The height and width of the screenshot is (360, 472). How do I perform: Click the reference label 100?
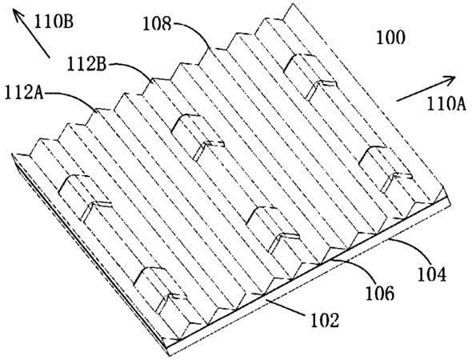(390, 38)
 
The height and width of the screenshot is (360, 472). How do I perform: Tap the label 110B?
(54, 22)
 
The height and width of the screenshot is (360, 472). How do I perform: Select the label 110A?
(446, 104)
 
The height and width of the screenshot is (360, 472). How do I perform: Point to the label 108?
(157, 23)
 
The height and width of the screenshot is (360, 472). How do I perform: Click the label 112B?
(86, 64)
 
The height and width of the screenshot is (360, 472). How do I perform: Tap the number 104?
(431, 274)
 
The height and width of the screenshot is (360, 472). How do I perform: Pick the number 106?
(380, 293)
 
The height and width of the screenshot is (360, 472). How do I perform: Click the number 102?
(325, 320)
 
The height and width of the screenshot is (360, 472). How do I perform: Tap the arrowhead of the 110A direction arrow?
(450, 79)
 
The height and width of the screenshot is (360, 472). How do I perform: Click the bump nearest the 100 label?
(310, 75)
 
